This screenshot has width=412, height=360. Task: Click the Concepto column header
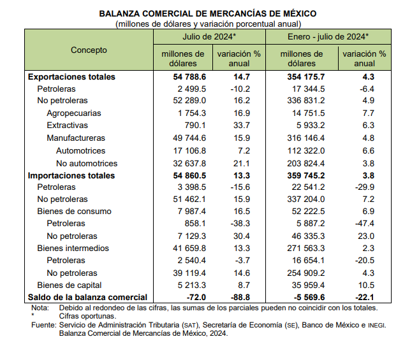tap(89, 50)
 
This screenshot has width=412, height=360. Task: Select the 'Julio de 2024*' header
tap(209, 36)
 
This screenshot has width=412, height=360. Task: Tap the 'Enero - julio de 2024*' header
tap(328, 36)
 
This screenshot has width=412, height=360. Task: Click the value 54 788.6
tap(189, 76)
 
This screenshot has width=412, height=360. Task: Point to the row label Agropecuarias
tap(74, 113)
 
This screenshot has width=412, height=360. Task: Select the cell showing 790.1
tap(195, 126)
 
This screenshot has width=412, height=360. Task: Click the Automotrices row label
tap(80, 151)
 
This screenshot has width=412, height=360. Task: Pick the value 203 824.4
tap(306, 163)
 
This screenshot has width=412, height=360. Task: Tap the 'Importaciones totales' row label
tap(71, 175)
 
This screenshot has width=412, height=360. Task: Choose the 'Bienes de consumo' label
tap(75, 211)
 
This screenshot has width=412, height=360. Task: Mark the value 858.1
tap(195, 223)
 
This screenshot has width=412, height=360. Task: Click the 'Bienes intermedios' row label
tap(73, 248)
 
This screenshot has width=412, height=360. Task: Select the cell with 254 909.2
tap(306, 273)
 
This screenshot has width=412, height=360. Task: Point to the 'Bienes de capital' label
tap(70, 285)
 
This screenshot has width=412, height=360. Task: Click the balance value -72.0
tap(196, 298)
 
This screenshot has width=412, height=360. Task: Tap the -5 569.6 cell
tap(309, 298)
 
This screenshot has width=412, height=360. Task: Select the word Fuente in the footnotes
tap(43, 325)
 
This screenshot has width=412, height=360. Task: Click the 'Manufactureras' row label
tap(76, 138)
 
